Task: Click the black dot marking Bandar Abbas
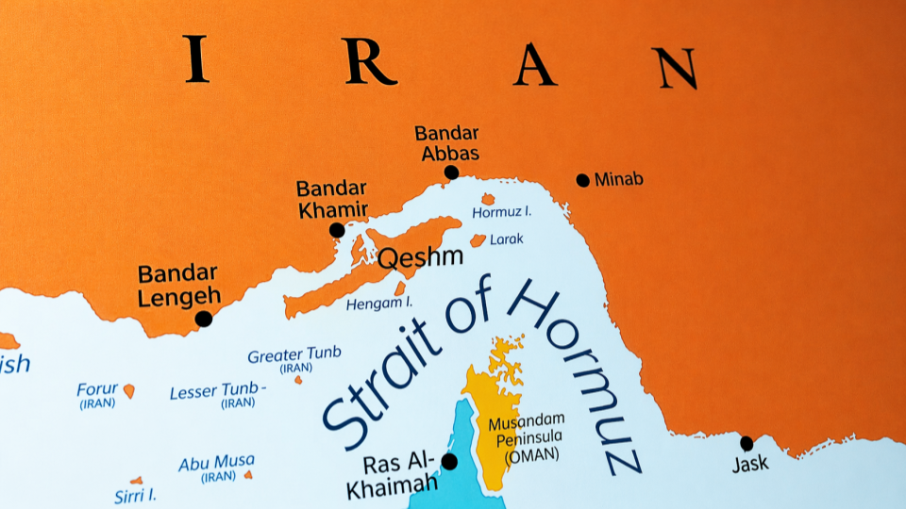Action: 451,172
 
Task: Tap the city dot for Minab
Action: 582,180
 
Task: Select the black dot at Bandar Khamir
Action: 337,230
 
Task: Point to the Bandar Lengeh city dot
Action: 203,319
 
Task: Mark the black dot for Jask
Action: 747,443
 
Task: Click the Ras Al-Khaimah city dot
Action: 449,461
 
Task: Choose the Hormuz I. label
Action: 503,213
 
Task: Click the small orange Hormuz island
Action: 488,199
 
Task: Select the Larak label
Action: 506,239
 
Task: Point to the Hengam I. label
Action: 379,304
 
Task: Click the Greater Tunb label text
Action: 294,355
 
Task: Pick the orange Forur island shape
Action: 129,390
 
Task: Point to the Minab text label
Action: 618,179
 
